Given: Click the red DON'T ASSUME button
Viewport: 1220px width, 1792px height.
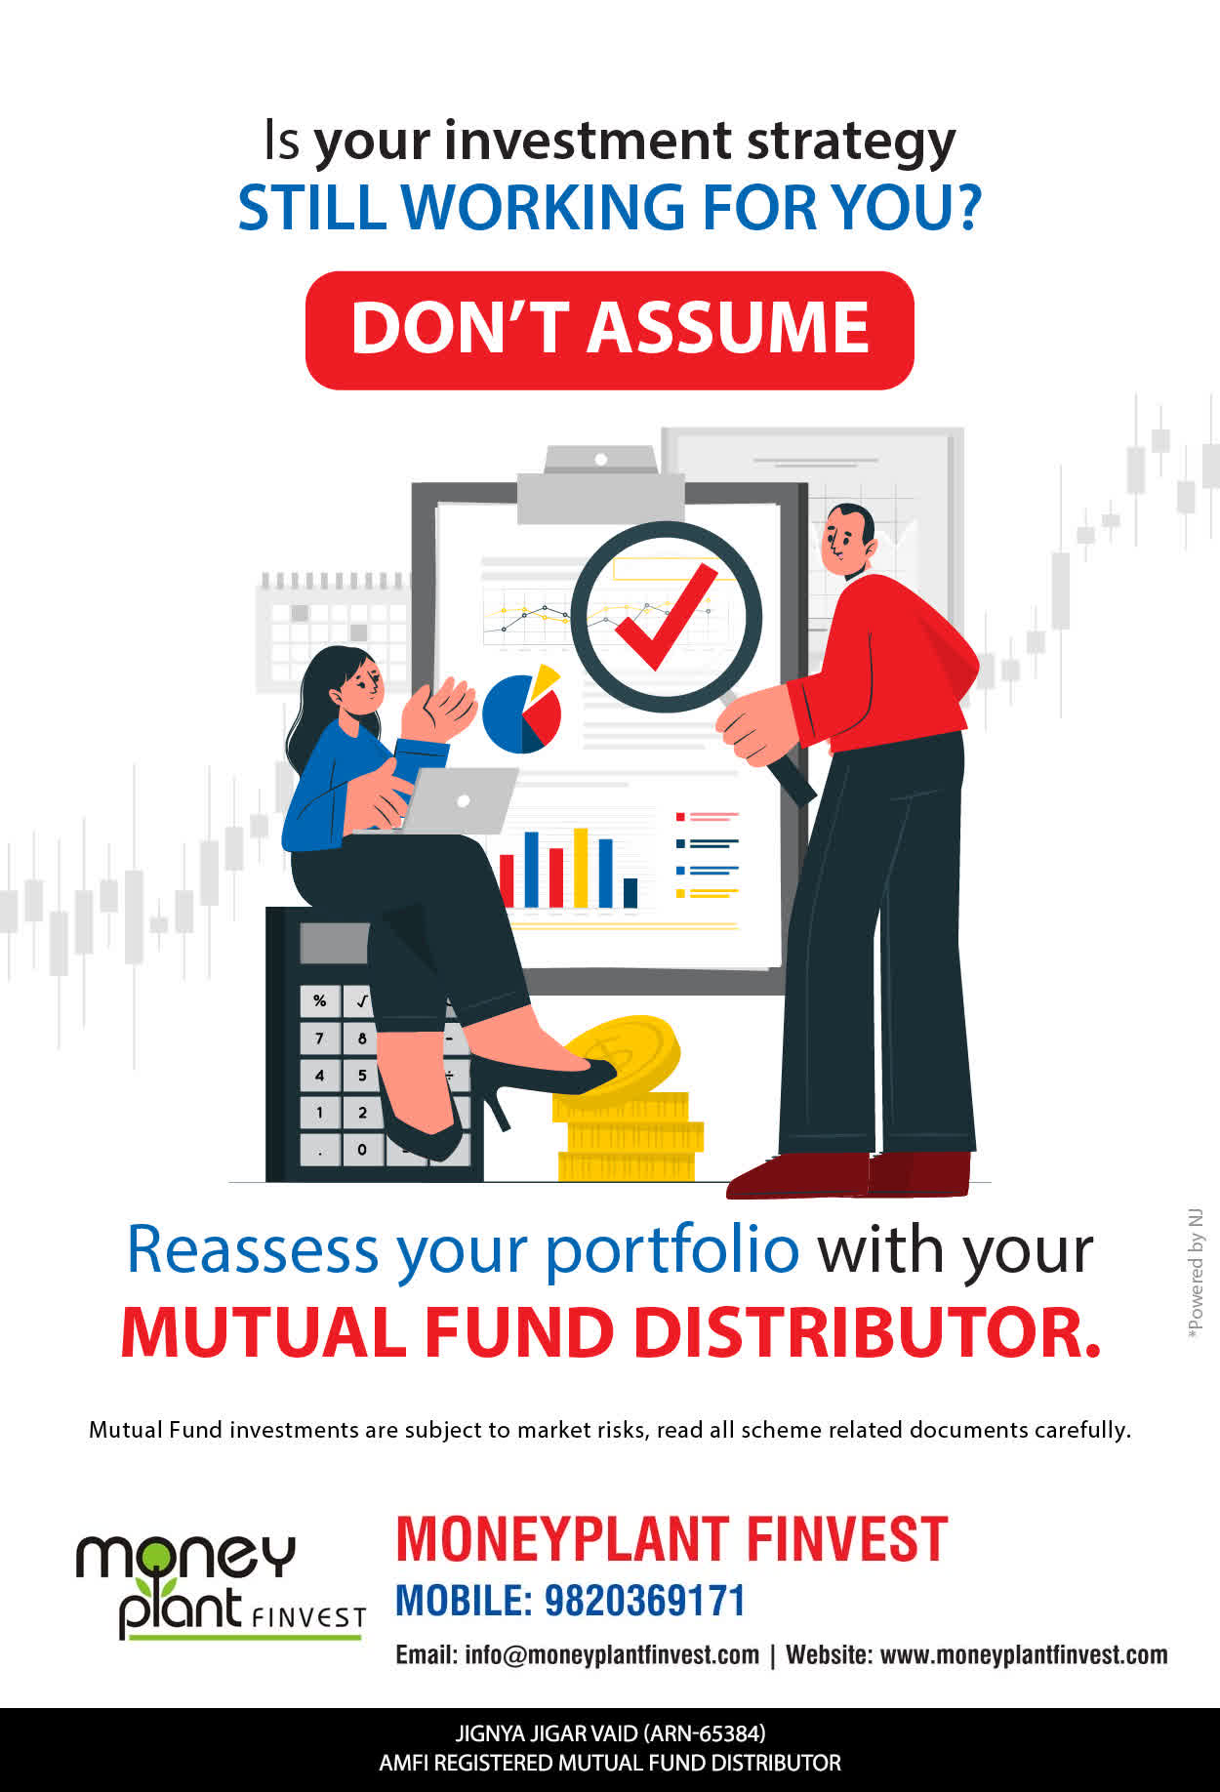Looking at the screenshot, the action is click(610, 330).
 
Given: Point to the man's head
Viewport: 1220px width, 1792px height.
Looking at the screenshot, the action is click(845, 541).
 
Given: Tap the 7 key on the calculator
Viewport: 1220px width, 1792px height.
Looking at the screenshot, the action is click(319, 1038).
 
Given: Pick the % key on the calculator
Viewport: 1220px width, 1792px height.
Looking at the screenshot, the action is click(319, 1000).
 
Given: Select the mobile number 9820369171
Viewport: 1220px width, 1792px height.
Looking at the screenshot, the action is click(644, 1601).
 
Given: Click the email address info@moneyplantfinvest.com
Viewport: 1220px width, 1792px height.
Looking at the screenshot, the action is click(612, 1655).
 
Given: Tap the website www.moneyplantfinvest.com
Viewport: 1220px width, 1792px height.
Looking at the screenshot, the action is click(1024, 1655).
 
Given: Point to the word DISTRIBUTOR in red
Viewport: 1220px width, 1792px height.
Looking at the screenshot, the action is click(867, 1332).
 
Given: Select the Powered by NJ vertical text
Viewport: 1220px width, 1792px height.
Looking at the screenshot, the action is click(1196, 1273).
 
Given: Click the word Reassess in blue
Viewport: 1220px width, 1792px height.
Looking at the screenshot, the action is click(253, 1250).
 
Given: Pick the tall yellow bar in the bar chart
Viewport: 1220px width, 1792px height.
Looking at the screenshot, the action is click(581, 868).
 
